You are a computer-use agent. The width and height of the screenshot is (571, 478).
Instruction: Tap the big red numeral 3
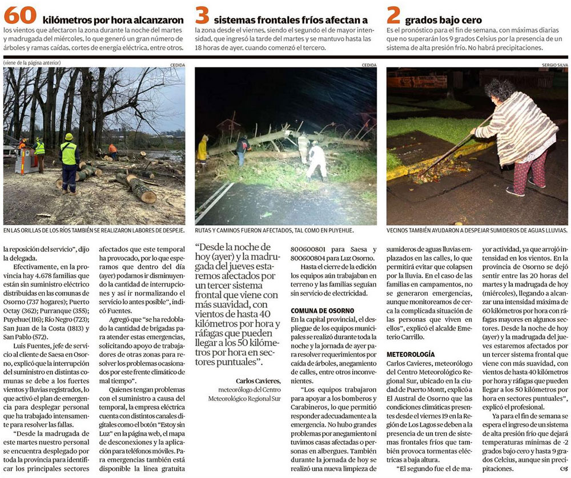coord(201,15)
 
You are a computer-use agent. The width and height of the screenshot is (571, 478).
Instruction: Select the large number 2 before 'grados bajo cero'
coord(392,15)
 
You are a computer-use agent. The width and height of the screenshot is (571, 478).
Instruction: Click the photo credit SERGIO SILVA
coord(553,65)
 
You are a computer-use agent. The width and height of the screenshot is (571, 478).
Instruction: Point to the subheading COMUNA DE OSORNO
coord(322,310)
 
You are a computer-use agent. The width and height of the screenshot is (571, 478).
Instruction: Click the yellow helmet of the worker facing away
coord(69,137)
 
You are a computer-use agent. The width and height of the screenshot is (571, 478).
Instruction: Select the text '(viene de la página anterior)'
coord(32,63)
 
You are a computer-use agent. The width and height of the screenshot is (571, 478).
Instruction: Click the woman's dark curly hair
coord(500,89)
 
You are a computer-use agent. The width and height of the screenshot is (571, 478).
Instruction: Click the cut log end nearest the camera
coord(146,197)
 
